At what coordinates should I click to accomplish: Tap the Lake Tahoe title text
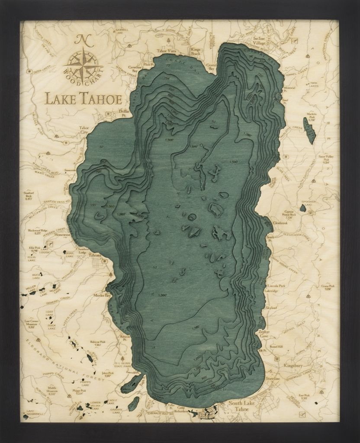(84, 99)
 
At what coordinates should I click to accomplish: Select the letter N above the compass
(82, 40)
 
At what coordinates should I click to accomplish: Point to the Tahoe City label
(84, 130)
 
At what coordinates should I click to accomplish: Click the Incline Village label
(259, 41)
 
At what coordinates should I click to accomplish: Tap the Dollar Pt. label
(124, 113)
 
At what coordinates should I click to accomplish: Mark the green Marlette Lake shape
(309, 130)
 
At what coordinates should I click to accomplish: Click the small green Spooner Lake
(303, 209)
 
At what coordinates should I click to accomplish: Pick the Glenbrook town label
(280, 223)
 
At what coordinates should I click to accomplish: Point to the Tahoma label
(95, 255)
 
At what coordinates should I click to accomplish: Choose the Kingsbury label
(293, 366)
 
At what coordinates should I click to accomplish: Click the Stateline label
(273, 379)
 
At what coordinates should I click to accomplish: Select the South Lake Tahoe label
(242, 406)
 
